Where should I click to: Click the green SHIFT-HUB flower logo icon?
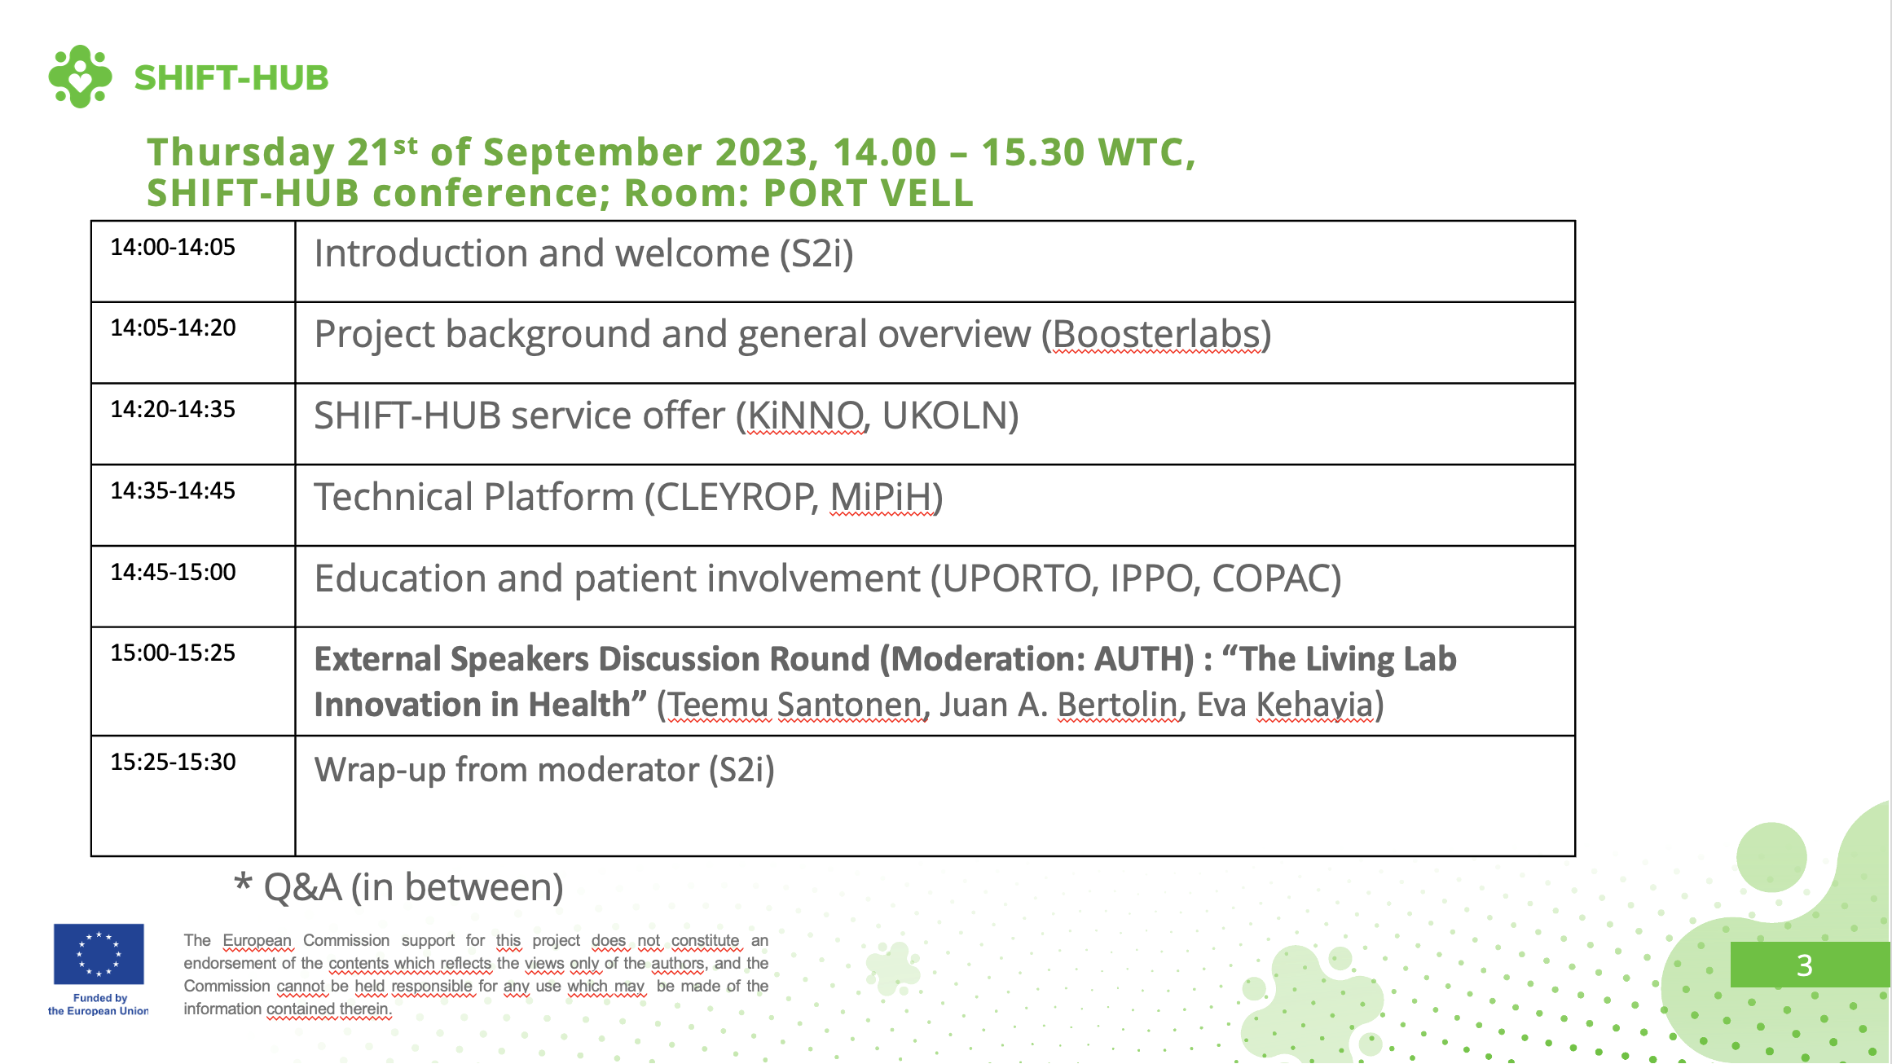[x=80, y=77]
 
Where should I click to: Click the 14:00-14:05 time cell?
[x=173, y=247]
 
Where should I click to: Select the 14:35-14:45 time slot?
[x=173, y=490]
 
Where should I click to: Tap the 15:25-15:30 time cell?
[x=173, y=762]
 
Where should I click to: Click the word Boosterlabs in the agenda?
[x=1157, y=334]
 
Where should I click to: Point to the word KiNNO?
[x=805, y=415]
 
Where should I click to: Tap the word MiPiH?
[x=881, y=497]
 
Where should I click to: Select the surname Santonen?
[x=849, y=705]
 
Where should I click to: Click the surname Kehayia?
[x=1314, y=705]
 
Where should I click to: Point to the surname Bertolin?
[x=1117, y=705]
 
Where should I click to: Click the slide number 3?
[x=1805, y=965]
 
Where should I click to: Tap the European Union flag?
[x=99, y=954]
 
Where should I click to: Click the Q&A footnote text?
[x=398, y=887]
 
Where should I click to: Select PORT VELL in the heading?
[x=869, y=193]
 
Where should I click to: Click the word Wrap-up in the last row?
[x=381, y=770]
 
